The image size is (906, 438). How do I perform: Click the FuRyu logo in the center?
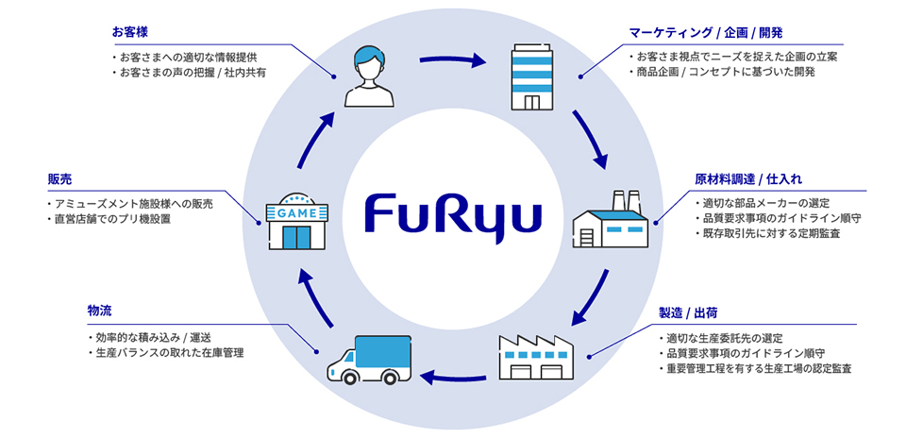(x=453, y=217)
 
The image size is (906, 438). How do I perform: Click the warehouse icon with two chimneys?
(x=611, y=220)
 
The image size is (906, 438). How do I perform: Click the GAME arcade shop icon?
(x=294, y=221)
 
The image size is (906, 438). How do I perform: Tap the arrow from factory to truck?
(x=453, y=379)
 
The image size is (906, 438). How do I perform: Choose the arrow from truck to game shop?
(x=311, y=300)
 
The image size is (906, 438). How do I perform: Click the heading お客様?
(x=129, y=32)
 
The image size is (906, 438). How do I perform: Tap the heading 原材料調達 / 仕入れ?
(x=748, y=177)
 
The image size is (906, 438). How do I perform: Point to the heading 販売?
(x=59, y=177)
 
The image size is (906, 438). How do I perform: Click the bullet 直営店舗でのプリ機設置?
(x=126, y=219)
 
